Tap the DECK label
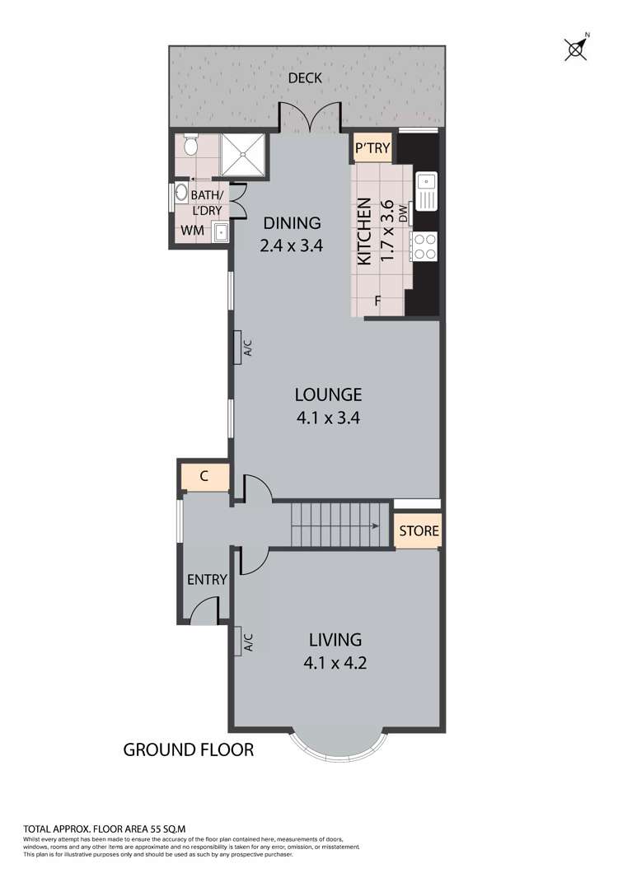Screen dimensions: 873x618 point(304,79)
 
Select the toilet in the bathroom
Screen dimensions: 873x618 point(191,147)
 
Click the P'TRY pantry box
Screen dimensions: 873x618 point(372,149)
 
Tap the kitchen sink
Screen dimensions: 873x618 point(427,190)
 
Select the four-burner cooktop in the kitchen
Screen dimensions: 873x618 point(426,245)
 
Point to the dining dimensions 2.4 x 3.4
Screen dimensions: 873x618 point(291,245)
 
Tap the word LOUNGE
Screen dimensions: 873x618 point(328,394)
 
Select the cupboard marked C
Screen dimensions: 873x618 point(204,477)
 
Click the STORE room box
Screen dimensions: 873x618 point(419,531)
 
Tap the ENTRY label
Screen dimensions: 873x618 point(206,580)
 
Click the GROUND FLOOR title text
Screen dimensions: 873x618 point(188,749)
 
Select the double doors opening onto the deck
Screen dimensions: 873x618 point(309,117)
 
